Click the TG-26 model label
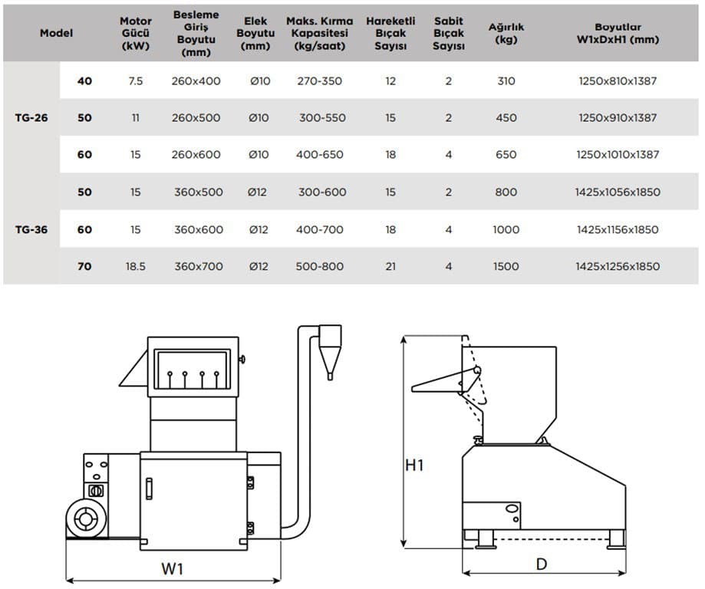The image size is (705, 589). coord(31,118)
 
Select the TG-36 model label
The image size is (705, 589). coord(31,229)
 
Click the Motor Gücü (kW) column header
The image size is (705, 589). coord(136,33)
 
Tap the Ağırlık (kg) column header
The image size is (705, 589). coord(506,33)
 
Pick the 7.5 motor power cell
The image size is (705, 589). coord(136,81)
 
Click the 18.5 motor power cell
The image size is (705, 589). coord(136,267)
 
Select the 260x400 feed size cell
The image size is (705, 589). coord(196,81)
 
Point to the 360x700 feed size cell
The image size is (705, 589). coord(199,267)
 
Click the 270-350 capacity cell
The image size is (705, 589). coord(319,81)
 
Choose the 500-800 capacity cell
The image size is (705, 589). coord(320,267)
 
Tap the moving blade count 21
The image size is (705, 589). coord(390,267)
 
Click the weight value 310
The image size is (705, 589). coord(506,81)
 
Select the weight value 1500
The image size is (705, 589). coord(506,267)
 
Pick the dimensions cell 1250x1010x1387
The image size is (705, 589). coord(617,155)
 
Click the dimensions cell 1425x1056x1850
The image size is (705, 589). coord(617,192)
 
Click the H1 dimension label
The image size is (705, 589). coord(414,465)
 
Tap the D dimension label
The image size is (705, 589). coord(542,564)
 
